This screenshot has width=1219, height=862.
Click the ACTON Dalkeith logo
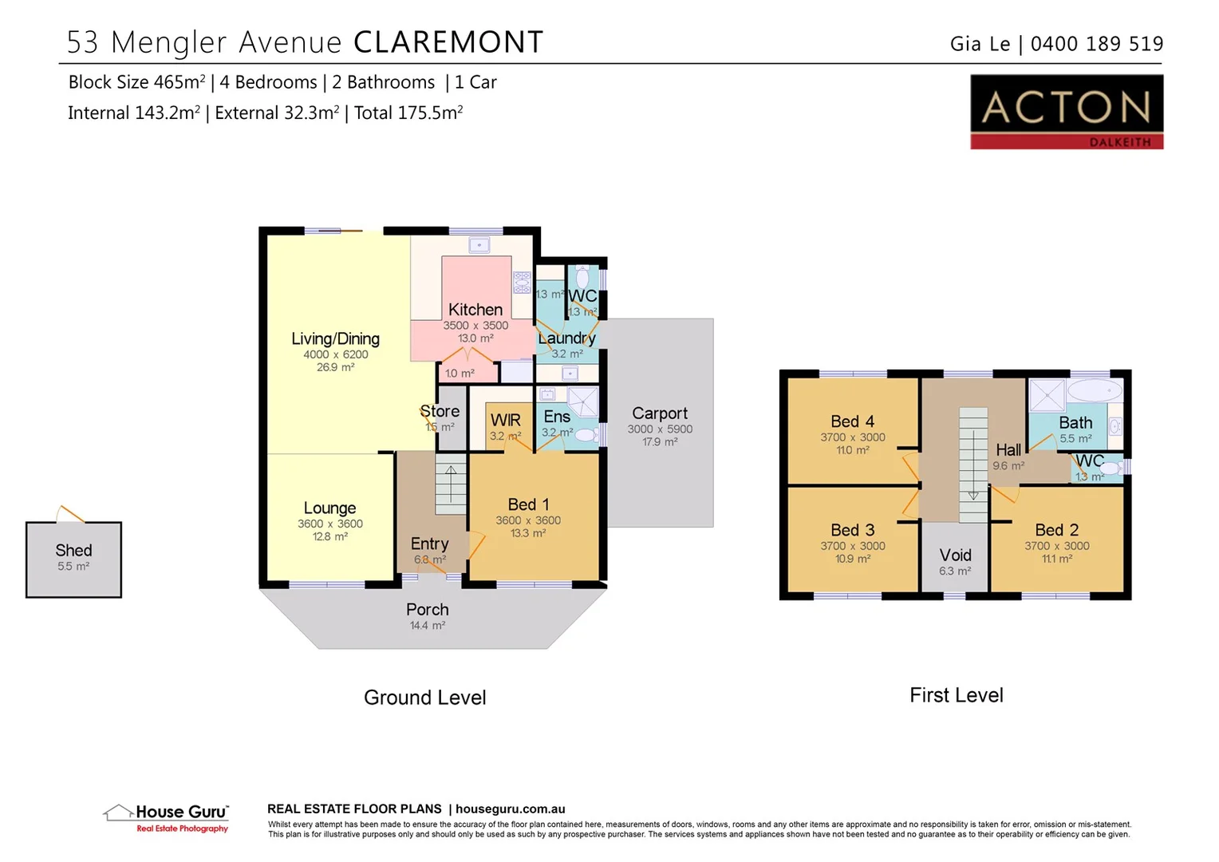(x=1066, y=112)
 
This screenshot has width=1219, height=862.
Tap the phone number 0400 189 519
(x=1097, y=44)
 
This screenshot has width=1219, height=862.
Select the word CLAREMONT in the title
(x=448, y=42)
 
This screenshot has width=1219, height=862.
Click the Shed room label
(x=73, y=551)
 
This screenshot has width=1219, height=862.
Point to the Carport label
(x=660, y=413)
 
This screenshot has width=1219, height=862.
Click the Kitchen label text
(x=475, y=310)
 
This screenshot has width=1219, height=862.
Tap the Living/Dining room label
(x=335, y=338)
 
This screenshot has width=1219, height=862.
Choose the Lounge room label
(x=329, y=508)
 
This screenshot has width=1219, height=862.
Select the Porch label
(x=428, y=610)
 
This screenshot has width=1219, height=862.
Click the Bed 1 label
(x=528, y=504)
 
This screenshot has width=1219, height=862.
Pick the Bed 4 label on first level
(x=852, y=421)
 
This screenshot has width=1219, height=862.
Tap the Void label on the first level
(x=955, y=556)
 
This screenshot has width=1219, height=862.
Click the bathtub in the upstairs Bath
(x=1095, y=391)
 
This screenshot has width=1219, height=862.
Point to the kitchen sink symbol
(x=479, y=245)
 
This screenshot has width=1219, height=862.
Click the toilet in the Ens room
(x=586, y=435)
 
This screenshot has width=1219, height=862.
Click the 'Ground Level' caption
(x=424, y=698)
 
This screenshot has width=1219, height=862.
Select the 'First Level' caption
(x=957, y=695)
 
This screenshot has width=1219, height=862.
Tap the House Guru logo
(x=167, y=817)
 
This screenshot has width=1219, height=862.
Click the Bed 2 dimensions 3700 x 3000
(x=1057, y=546)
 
